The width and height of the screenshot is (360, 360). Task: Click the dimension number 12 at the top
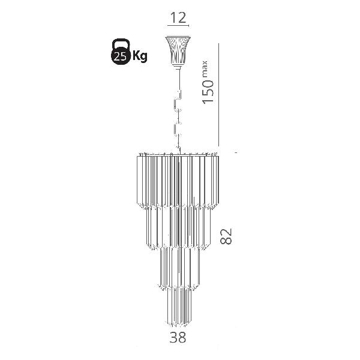(x=178, y=18)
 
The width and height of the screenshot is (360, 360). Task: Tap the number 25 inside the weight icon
(x=121, y=56)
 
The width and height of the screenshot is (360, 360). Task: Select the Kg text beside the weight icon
(x=140, y=56)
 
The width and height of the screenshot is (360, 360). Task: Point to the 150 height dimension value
(x=208, y=92)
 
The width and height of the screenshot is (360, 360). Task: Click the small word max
(x=205, y=68)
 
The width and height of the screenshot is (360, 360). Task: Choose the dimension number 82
(x=226, y=236)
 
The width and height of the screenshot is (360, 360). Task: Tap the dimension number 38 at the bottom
(x=178, y=337)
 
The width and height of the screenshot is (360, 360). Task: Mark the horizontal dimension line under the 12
(x=178, y=25)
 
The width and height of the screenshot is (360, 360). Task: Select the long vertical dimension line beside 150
(x=218, y=95)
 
